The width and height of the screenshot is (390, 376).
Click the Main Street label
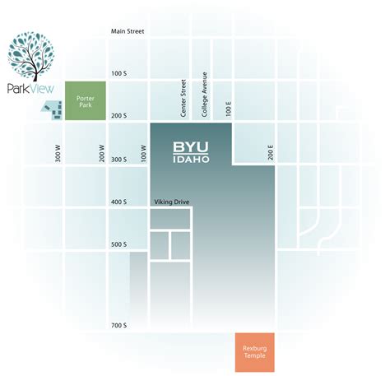(x=128, y=32)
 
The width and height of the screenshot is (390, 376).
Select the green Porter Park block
(x=86, y=100)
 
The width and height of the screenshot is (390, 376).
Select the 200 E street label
(x=269, y=151)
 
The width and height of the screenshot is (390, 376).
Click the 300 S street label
(x=120, y=159)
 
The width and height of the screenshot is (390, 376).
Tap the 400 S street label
(x=120, y=202)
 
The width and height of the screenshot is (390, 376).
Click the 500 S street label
(x=120, y=244)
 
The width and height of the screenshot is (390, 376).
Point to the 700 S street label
(x=120, y=326)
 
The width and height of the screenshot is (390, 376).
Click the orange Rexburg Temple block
(x=254, y=351)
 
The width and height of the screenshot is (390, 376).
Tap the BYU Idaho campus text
(x=191, y=151)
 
